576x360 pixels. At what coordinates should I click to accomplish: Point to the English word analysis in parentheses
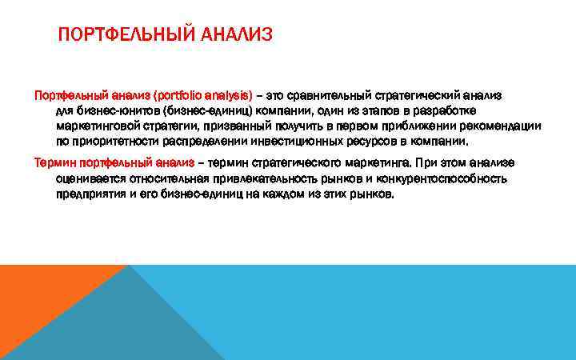point(228,95)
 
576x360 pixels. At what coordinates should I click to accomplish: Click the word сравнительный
point(333,95)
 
